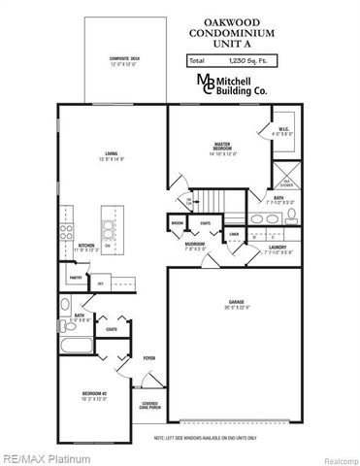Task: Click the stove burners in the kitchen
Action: tap(65, 232)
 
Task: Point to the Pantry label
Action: tap(75, 278)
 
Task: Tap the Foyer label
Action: tap(149, 358)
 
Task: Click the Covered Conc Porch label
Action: tap(148, 405)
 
